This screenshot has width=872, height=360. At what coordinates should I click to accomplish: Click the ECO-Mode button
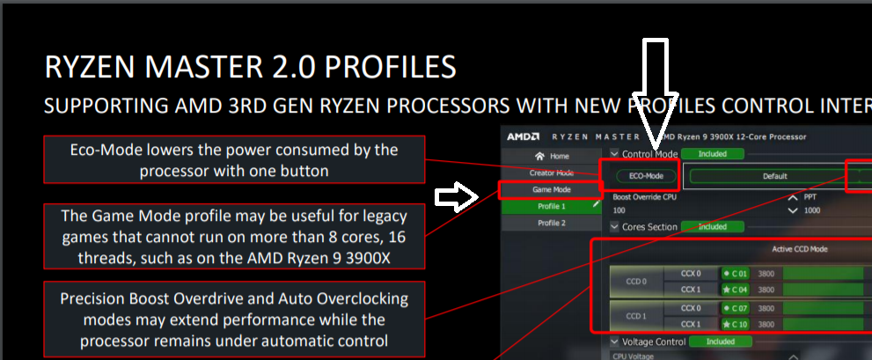[640, 175]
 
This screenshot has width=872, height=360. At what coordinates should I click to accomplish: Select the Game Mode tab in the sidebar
[551, 189]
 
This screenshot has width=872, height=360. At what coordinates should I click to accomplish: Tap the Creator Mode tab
[551, 173]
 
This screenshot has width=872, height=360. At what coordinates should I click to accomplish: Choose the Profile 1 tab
[551, 206]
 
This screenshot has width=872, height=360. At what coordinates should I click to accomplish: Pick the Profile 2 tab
[551, 223]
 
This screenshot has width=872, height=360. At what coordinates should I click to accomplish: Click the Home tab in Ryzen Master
[551, 156]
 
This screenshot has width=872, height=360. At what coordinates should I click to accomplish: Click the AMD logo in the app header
[524, 136]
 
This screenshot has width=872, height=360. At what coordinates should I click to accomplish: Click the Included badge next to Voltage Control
[720, 342]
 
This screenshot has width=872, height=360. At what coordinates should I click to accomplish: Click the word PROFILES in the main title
[381, 67]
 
